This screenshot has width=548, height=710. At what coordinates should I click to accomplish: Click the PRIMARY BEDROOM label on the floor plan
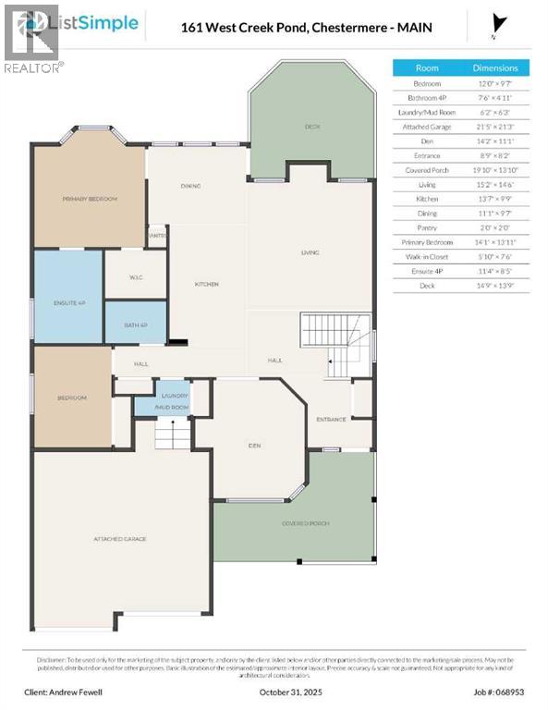[90, 199]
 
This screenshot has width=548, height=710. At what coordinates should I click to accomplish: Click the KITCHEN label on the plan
[206, 284]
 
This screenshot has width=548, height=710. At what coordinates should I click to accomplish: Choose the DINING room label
[190, 187]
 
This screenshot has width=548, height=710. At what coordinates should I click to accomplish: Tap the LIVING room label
[310, 251]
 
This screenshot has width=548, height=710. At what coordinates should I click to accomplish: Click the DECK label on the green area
[312, 126]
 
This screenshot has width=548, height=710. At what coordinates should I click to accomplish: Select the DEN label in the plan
[254, 445]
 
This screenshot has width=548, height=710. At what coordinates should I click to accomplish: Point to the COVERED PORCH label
[305, 523]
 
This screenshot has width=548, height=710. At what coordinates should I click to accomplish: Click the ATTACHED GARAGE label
[120, 538]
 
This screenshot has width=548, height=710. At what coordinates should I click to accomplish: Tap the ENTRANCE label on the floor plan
[330, 419]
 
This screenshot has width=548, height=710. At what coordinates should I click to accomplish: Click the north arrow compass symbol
[501, 24]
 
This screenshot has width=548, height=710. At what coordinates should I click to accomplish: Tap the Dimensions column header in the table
[495, 67]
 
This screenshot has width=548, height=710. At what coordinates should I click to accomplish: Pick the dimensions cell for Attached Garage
[495, 127]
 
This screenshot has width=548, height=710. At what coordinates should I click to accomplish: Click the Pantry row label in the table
[427, 228]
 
